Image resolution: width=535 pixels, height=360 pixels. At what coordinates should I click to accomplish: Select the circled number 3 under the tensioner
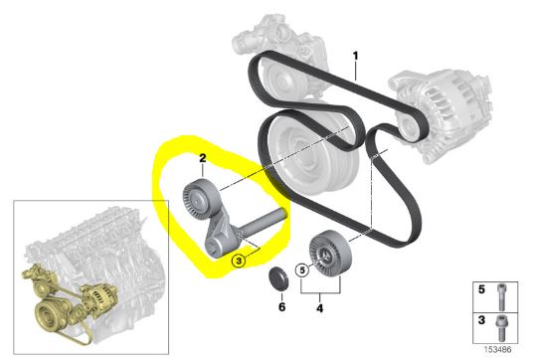[x=239, y=260]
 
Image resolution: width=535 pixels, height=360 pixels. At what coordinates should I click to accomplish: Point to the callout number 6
[x=280, y=307]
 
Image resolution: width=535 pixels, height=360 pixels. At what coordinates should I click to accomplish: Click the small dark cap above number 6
[x=281, y=275]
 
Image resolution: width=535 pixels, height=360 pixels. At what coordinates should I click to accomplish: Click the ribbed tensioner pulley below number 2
[x=197, y=200]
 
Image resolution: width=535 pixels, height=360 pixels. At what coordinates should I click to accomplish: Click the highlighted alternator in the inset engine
[x=95, y=293]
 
